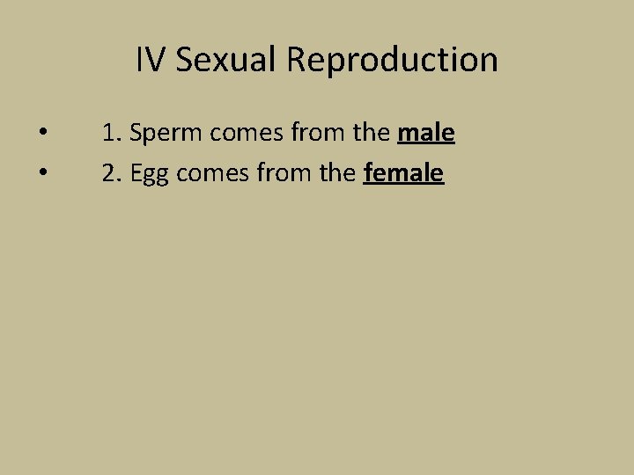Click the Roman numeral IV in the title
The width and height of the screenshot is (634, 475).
click(x=151, y=60)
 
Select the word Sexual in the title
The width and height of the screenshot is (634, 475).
click(x=226, y=60)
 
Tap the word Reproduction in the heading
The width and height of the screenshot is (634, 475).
click(x=392, y=60)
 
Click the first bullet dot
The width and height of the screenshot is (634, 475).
click(x=42, y=134)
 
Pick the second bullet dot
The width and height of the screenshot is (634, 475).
click(x=42, y=173)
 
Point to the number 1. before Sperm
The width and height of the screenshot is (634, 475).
click(x=111, y=134)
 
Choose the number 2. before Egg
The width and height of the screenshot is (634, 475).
click(x=112, y=173)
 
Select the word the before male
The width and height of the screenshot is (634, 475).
click(x=370, y=134)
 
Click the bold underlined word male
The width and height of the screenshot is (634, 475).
click(x=426, y=134)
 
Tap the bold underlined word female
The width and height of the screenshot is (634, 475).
click(x=403, y=173)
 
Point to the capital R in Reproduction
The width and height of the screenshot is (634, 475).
click(x=297, y=60)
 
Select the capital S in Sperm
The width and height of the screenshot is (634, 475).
click(x=136, y=134)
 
